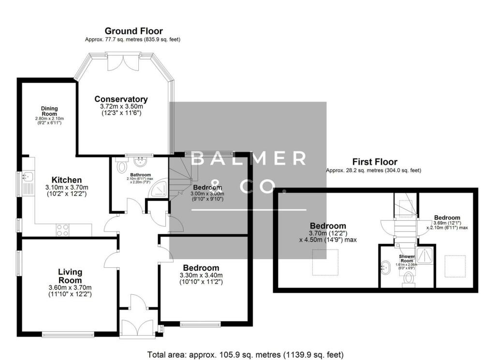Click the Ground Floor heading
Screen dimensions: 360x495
click(133, 31)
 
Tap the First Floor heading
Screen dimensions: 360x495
click(375, 162)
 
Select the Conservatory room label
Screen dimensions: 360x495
click(121, 100)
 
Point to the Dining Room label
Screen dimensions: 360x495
click(49, 111)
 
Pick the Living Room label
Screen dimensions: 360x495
click(70, 276)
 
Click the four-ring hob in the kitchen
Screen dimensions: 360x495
click(63, 230)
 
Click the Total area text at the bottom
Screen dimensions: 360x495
click(247, 355)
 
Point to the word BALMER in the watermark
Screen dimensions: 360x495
click(248, 158)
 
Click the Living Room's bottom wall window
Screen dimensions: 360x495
click(68, 334)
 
